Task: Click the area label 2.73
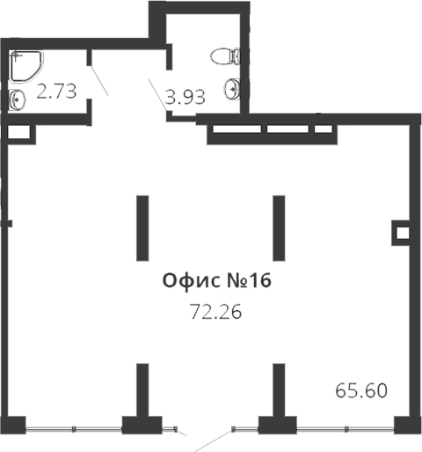[56, 91]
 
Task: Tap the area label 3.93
[185, 97]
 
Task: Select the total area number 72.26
[216, 312]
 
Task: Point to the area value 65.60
[361, 390]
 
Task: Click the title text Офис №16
[217, 281]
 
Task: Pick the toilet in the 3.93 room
[225, 56]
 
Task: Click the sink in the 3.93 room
[233, 89]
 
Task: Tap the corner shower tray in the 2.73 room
[27, 66]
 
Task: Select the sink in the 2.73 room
[17, 100]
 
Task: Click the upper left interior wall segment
[142, 228]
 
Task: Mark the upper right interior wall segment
[279, 228]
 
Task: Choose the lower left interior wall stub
[142, 389]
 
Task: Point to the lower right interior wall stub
[279, 389]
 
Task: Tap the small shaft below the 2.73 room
[19, 134]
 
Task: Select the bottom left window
[74, 429]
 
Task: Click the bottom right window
[346, 429]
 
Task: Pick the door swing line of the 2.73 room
[98, 80]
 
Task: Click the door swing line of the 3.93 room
[158, 95]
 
